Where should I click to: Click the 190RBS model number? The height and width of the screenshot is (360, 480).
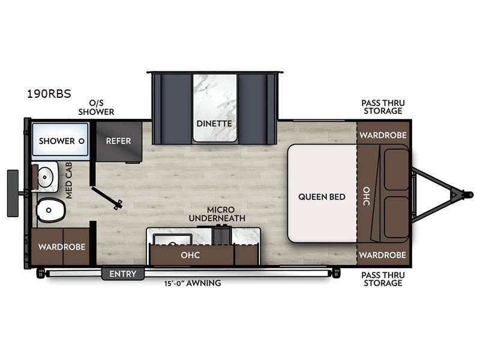click(49, 94)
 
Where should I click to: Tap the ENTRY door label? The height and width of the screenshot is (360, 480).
click(123, 274)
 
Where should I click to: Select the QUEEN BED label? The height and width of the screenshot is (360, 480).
click(322, 197)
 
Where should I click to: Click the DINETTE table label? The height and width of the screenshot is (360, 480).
click(214, 124)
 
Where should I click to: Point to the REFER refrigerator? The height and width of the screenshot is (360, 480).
click(119, 142)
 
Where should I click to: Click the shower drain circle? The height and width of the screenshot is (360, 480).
click(82, 141)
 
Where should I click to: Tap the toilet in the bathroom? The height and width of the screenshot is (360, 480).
click(51, 210)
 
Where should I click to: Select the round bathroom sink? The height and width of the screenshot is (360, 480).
click(46, 177)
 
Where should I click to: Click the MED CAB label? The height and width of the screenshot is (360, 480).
click(69, 181)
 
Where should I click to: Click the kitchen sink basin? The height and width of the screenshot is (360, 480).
click(172, 239)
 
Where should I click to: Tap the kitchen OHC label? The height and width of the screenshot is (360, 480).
click(190, 255)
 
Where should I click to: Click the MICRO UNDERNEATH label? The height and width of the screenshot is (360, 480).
click(217, 214)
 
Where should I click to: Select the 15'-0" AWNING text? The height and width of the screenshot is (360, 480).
click(193, 283)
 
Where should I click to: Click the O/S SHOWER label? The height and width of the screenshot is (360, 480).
click(96, 107)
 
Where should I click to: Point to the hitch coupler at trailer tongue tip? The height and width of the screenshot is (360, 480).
click(469, 194)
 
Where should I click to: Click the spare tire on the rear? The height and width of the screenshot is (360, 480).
click(13, 193)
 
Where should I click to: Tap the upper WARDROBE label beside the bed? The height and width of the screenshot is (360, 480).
click(383, 135)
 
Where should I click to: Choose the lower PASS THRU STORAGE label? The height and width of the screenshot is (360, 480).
click(383, 279)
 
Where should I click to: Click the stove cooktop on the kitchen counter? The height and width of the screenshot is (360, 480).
click(221, 235)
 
